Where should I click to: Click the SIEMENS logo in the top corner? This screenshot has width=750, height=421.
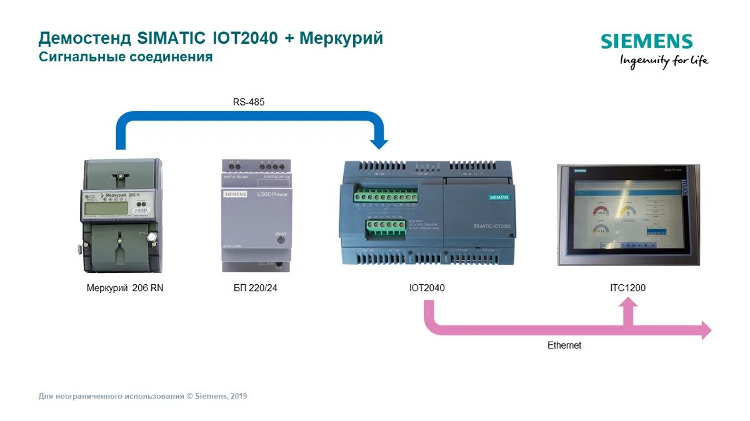[647, 42]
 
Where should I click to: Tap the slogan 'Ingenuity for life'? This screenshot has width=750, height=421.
[664, 61]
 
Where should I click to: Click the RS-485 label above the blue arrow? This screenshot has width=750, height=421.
[249, 102]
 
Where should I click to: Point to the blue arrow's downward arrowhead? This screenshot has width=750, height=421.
[379, 142]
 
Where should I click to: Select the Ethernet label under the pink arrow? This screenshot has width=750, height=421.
[564, 345]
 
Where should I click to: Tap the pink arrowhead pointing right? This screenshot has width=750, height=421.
[706, 330]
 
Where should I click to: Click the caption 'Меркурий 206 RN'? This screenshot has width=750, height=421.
[125, 288]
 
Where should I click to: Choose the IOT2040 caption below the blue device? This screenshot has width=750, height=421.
[427, 288]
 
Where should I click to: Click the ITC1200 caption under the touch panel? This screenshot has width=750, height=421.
[627, 288]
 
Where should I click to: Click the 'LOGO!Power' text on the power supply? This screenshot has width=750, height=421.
[272, 195]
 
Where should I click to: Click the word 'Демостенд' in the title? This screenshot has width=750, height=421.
[85, 38]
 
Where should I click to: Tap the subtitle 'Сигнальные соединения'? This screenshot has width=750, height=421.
[126, 57]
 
